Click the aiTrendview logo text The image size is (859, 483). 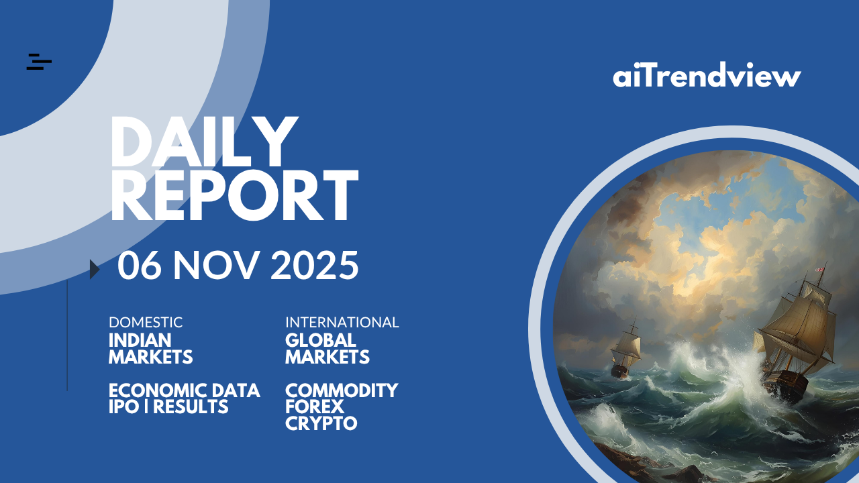tap(707, 74)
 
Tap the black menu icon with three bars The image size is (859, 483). tap(39, 62)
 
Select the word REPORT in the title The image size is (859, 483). tap(234, 195)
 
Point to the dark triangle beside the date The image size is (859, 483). tap(95, 269)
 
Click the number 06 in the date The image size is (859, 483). tap(139, 265)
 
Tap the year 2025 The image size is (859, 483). tap(315, 265)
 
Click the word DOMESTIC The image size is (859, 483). tap(146, 323)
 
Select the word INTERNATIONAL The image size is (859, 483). tap(342, 323)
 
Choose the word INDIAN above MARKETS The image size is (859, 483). tap(140, 340)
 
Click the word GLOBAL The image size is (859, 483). tap(321, 340)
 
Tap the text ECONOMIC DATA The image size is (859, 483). tap(185, 390)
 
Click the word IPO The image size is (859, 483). tap(124, 407)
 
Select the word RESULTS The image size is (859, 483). tap(191, 407)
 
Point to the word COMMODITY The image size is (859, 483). tap(342, 390)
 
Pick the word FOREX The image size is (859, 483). tap(315, 407)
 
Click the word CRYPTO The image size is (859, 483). tap(321, 423)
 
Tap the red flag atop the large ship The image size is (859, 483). tap(819, 270)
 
